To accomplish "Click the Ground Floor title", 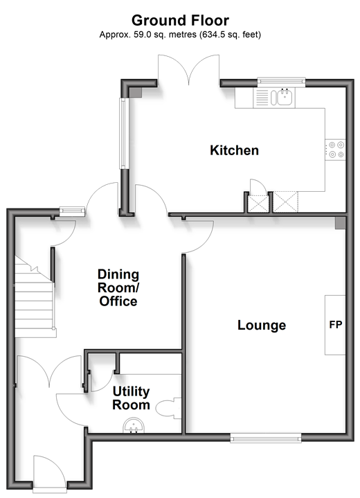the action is click(x=180, y=21).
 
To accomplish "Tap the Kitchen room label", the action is click(x=234, y=150).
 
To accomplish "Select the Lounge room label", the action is click(x=262, y=326).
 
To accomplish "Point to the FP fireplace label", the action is click(x=336, y=325).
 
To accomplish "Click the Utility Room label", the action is click(x=131, y=398).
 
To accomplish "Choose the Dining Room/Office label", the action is click(x=118, y=287).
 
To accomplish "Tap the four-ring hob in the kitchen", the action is click(x=335, y=150).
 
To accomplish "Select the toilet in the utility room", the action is click(x=168, y=409).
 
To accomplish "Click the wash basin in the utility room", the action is click(x=134, y=426).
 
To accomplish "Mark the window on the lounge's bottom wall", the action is click(x=266, y=438).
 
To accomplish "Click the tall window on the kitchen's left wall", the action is click(x=123, y=134).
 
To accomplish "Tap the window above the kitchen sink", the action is click(x=281, y=82).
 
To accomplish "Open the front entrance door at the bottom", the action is click(x=50, y=472).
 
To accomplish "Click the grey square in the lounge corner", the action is click(x=341, y=223).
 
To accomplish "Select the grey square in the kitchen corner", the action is click(x=136, y=92).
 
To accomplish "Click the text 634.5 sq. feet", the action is click(x=230, y=35).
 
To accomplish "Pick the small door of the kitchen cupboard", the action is click(x=257, y=186).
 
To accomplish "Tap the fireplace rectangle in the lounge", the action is click(x=335, y=325).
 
